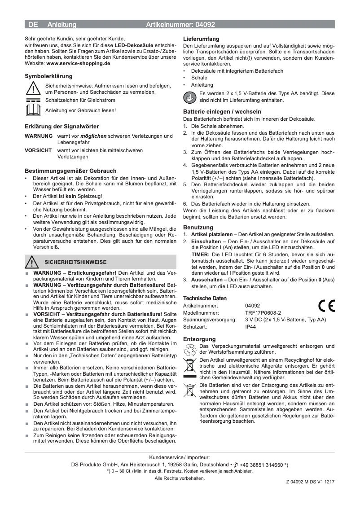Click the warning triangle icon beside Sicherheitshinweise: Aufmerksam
tap(34, 88)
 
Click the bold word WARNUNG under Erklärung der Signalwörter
tap(38, 136)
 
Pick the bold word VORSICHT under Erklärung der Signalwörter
tap(38, 150)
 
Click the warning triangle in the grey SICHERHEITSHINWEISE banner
tap(32, 262)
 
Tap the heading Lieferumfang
tap(201, 39)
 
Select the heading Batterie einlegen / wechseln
tap(222, 111)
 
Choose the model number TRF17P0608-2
tap(263, 312)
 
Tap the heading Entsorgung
tap(199, 339)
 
